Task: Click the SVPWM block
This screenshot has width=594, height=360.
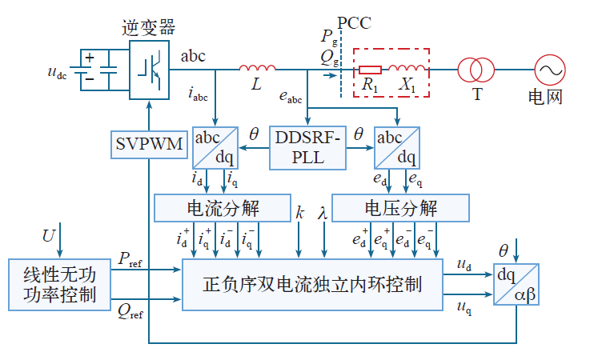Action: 148,146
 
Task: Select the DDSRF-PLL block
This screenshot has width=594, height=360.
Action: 308,146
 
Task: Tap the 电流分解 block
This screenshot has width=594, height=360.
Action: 222,209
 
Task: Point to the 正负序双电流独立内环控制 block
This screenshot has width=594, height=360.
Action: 312,283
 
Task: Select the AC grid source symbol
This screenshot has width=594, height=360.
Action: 551,70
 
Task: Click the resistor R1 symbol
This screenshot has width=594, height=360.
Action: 370,70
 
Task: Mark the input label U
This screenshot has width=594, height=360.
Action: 49,235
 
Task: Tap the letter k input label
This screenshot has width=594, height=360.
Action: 300,214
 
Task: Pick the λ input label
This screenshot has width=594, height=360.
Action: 323,214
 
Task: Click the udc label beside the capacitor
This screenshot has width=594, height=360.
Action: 58,74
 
